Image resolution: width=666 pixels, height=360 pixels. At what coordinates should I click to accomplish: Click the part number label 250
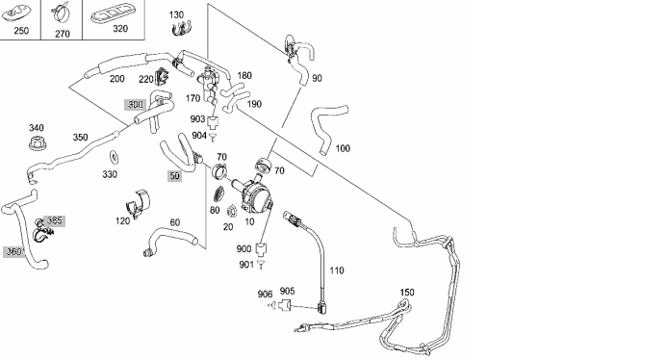tap(21, 31)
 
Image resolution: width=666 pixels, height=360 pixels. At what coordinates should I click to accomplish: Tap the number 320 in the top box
tap(120, 29)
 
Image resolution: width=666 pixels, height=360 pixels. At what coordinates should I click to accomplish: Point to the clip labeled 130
tap(181, 29)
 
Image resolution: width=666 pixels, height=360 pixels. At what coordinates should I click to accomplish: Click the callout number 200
tap(116, 79)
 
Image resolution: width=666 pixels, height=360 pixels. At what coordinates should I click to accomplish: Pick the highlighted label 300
tap(136, 105)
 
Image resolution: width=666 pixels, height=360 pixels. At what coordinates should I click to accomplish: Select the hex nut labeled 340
tap(38, 142)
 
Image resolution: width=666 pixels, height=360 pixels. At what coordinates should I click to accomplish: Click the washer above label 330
tap(114, 157)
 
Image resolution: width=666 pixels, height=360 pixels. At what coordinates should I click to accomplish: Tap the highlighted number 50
tap(174, 175)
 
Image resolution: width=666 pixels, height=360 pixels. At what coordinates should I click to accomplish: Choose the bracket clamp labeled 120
tap(139, 203)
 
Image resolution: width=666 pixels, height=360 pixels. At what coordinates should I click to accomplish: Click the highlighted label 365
tap(54, 220)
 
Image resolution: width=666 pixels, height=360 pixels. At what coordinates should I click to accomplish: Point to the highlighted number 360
tap(14, 251)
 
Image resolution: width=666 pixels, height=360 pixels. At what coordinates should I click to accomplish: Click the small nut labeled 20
tap(232, 211)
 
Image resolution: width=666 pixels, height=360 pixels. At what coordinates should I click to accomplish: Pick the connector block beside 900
tap(261, 247)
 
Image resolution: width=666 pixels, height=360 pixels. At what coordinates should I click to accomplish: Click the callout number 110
tap(337, 270)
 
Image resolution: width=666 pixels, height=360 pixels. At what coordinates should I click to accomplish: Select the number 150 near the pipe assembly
tap(407, 292)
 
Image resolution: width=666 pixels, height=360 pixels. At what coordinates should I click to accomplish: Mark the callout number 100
tap(343, 148)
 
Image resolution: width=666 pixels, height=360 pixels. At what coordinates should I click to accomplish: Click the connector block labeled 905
tap(285, 304)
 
